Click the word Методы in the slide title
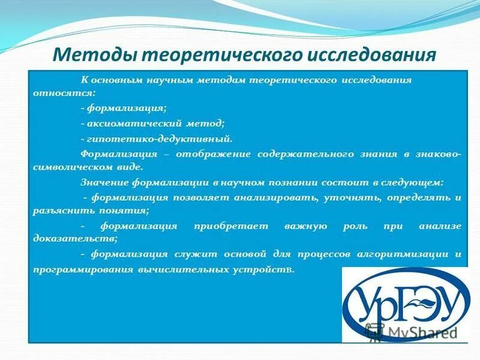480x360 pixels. point(90,55)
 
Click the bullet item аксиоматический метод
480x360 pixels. point(153,123)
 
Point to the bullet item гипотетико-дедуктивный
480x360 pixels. point(157,138)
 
